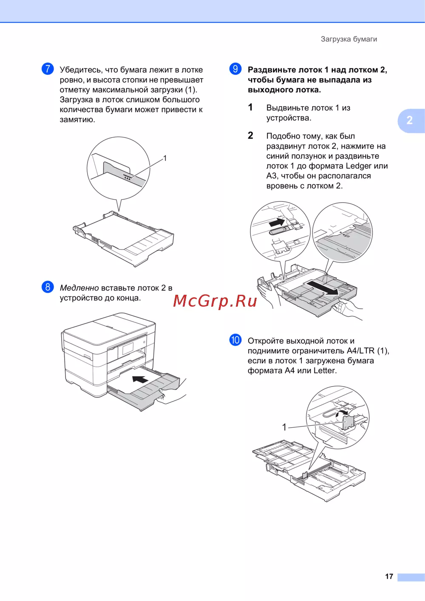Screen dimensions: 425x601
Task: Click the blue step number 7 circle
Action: (48, 69)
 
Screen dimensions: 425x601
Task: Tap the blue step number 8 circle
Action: (48, 287)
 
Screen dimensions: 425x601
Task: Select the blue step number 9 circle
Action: (235, 69)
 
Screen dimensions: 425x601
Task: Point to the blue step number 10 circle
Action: (235, 340)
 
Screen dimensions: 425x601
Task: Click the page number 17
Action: (389, 576)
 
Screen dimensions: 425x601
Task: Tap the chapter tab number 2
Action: (409, 120)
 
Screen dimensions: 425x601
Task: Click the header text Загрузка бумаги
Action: (349, 39)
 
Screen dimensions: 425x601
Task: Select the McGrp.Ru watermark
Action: (215, 301)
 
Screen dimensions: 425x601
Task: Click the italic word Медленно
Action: (79, 288)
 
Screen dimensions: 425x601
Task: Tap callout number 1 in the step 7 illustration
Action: (165, 158)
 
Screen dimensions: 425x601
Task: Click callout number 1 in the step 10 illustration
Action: (284, 427)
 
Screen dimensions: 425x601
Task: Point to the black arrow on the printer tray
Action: (140, 379)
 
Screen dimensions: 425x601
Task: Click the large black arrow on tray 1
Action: (323, 288)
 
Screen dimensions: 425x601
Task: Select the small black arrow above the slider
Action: (277, 222)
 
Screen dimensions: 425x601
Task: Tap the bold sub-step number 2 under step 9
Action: (250, 135)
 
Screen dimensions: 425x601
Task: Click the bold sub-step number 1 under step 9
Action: (250, 107)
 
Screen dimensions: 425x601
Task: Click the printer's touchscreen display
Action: (128, 349)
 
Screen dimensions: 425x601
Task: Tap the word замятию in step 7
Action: (77, 120)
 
